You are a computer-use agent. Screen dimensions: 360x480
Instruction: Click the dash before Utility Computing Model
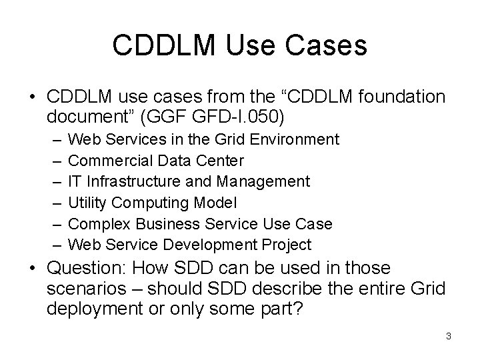(53, 202)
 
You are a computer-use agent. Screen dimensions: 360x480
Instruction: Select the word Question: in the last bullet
(89, 269)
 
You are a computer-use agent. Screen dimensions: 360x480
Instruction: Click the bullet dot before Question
(34, 269)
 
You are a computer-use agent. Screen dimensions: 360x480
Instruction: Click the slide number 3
(449, 336)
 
